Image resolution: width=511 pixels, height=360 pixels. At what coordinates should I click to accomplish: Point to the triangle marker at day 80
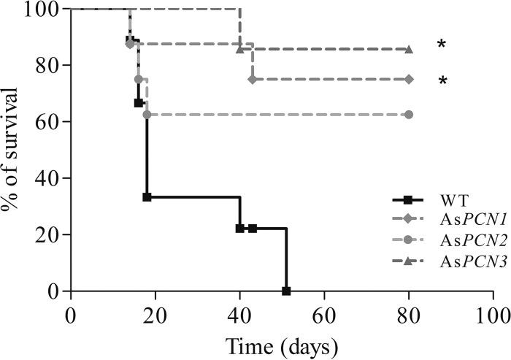(409, 50)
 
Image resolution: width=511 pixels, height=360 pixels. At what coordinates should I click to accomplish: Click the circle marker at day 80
(409, 115)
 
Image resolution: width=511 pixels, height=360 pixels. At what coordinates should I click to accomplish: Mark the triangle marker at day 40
(239, 50)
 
